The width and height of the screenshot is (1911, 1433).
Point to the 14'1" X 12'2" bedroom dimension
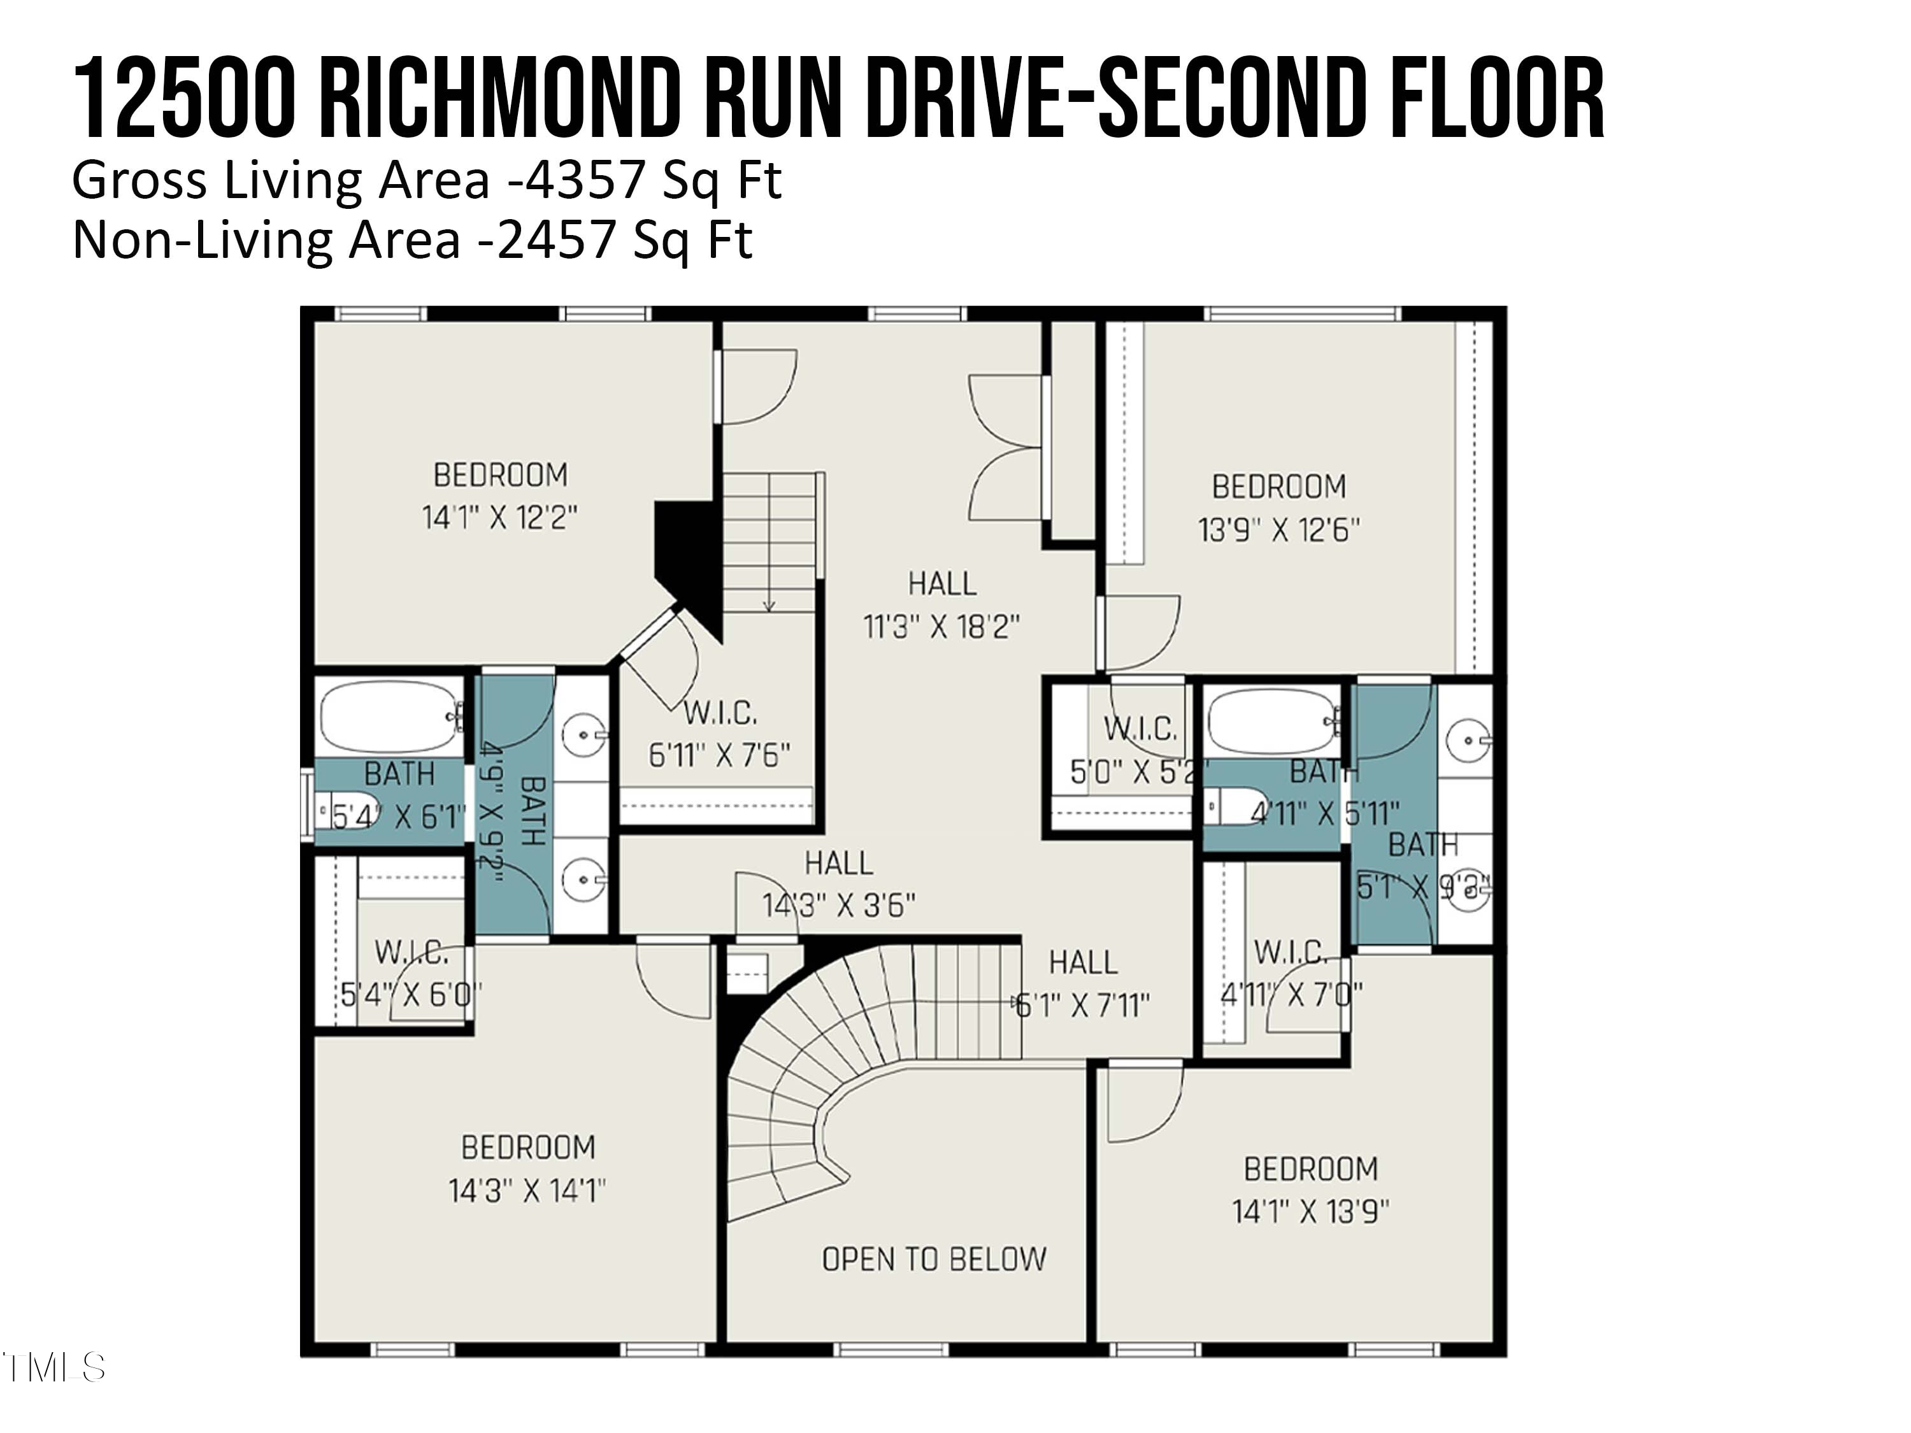coord(499,518)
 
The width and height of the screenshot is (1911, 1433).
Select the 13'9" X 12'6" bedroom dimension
coord(1278,529)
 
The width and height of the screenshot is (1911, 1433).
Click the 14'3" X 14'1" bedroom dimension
coord(526,1192)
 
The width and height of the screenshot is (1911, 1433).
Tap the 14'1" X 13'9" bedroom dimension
coord(1310,1212)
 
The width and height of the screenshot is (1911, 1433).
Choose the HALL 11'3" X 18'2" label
coord(941,604)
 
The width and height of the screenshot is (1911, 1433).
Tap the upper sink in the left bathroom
coord(582,735)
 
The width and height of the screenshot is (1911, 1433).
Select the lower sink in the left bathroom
coord(582,880)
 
